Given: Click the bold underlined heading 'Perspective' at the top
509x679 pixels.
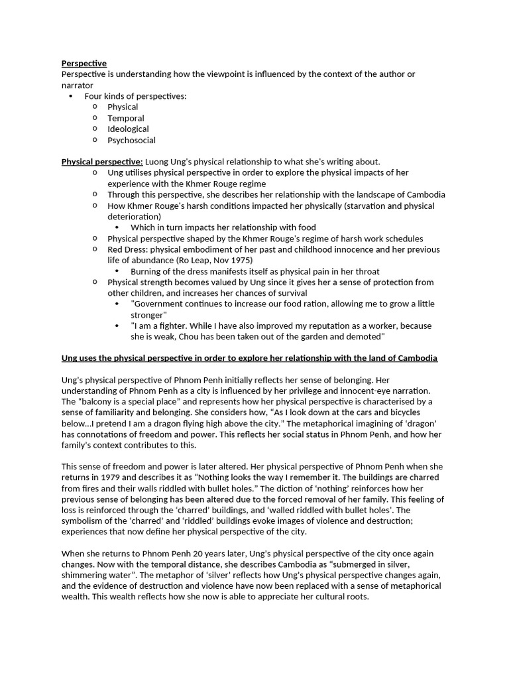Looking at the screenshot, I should [84, 63].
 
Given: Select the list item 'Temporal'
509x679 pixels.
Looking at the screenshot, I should [125, 118].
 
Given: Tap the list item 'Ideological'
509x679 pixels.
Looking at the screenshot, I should [128, 129].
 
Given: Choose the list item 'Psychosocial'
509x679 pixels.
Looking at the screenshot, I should [131, 140].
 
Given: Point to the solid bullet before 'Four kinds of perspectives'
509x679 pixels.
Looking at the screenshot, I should [71, 96].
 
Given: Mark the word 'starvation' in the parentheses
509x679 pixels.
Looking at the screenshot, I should [359, 206].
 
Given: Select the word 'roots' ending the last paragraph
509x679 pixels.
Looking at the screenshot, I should [355, 597].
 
